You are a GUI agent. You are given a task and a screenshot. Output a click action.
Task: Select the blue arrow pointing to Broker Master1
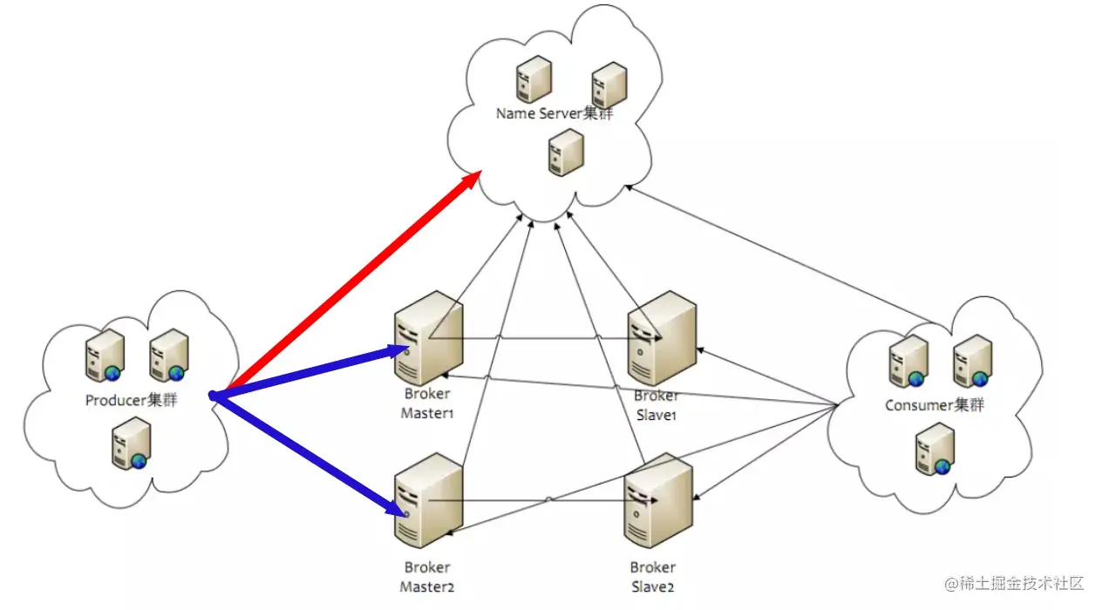coord(310,372)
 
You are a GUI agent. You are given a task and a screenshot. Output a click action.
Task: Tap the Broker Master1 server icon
coord(428,338)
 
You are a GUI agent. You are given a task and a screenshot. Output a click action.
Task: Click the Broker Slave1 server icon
coord(662,338)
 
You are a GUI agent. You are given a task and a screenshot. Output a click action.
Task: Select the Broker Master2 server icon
coord(428,500)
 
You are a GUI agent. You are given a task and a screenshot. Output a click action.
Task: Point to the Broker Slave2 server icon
coord(658,500)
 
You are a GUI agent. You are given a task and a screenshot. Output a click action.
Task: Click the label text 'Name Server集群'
coord(554,113)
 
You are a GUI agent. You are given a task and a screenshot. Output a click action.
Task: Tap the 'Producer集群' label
coord(131,400)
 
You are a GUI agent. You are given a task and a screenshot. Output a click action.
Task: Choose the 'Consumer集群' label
coord(935,405)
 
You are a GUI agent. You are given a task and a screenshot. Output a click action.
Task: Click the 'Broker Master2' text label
coord(427,577)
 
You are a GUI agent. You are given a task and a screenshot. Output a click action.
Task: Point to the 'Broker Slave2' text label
coord(653,577)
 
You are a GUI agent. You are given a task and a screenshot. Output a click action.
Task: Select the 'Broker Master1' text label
coord(427,403)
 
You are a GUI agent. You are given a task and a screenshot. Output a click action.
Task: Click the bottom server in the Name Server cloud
coord(566,152)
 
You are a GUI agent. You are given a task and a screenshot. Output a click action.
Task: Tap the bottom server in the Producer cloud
coord(131,443)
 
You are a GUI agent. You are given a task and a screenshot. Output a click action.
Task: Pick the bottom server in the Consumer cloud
coord(935,449)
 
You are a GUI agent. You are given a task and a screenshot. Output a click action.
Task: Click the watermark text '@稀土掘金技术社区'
coord(1015,583)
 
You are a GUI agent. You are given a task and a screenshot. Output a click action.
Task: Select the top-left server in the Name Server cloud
coord(534,79)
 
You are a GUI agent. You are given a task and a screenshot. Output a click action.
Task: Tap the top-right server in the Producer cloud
coord(169,355)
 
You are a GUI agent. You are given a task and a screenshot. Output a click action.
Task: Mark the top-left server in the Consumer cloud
coord(908,361)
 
